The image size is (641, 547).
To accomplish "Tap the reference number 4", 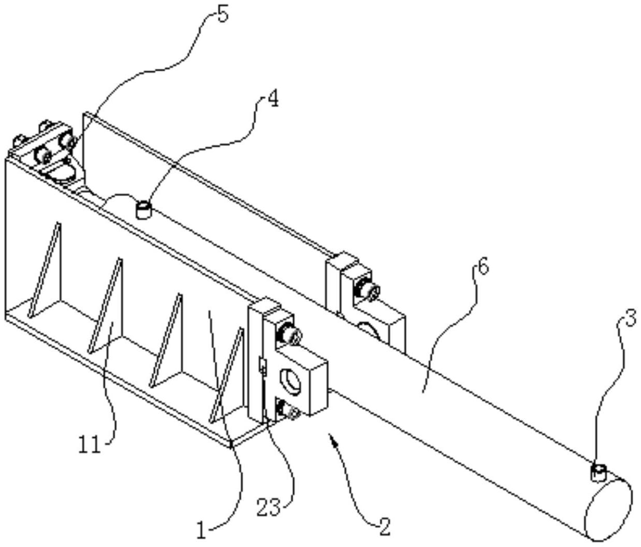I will [x=272, y=98].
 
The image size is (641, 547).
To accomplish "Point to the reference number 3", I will [x=629, y=319].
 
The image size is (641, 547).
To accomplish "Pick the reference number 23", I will [x=269, y=507].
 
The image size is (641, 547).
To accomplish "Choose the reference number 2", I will [x=383, y=527].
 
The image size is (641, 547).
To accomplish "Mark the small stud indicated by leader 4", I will [x=142, y=210].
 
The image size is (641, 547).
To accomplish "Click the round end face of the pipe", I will [x=608, y=510].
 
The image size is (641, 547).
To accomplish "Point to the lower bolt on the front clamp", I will [x=289, y=411].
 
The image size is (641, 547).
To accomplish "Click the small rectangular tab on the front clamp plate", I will [x=261, y=367].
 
